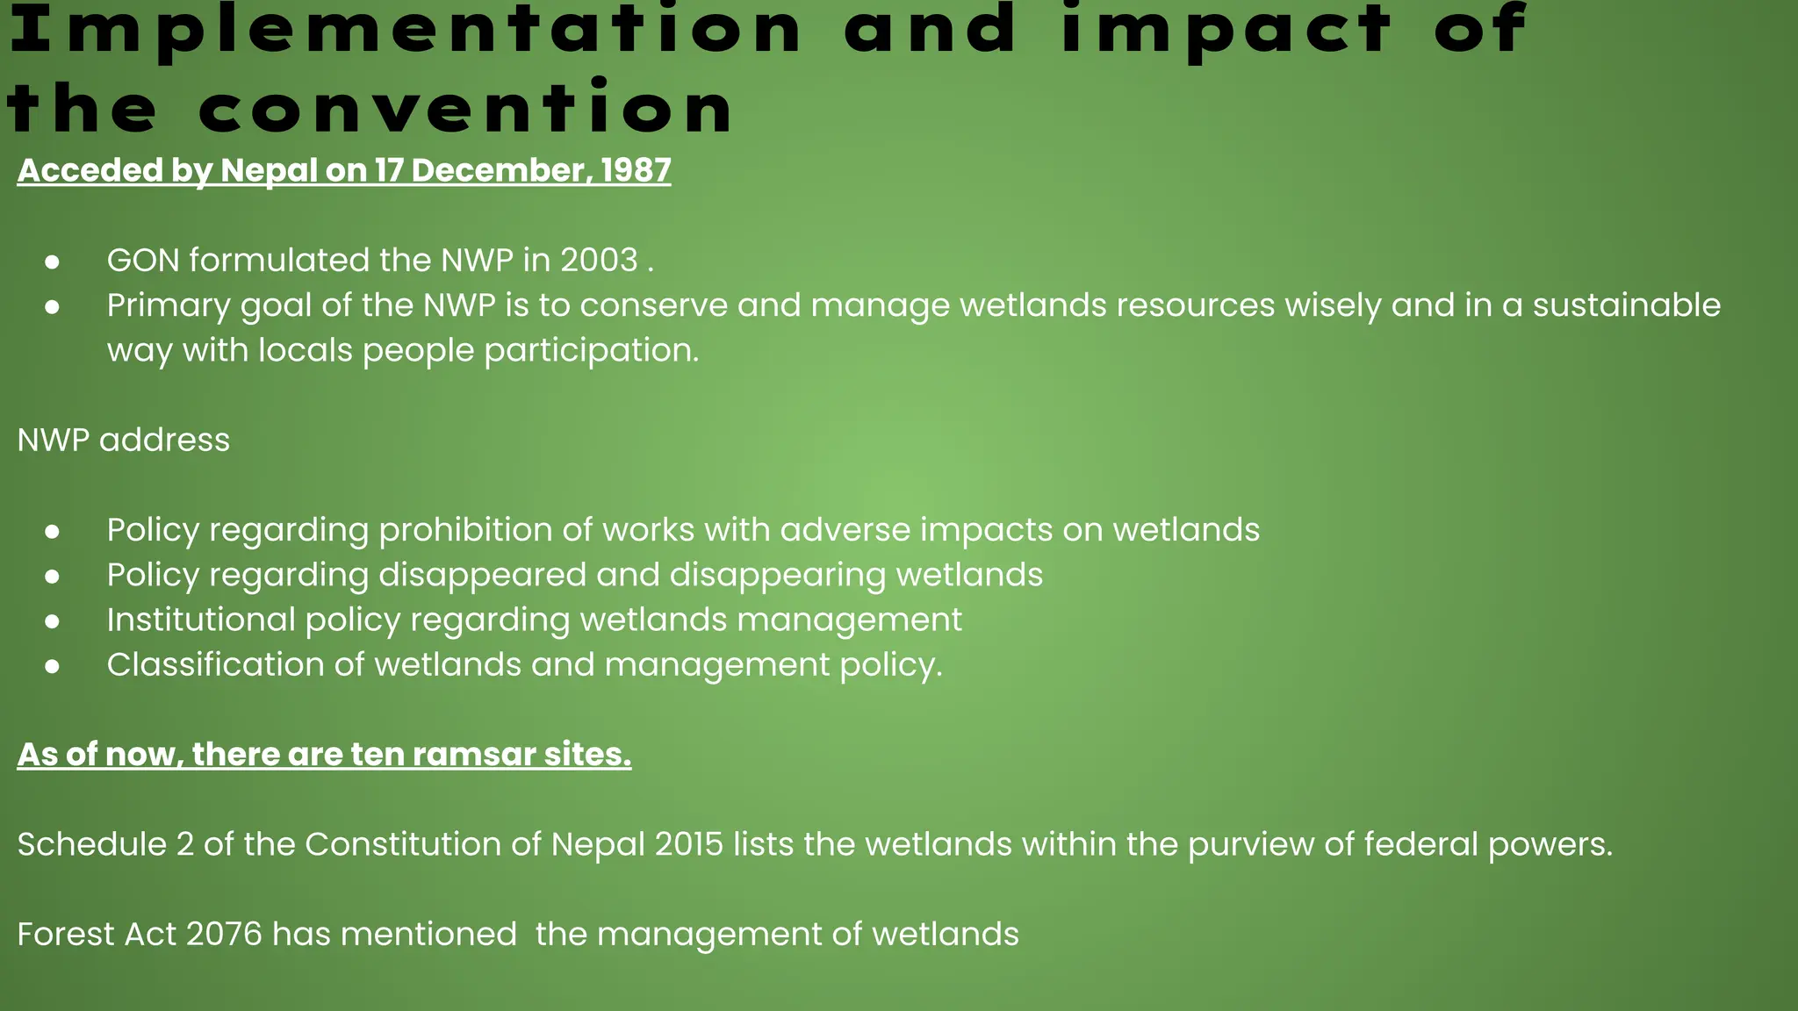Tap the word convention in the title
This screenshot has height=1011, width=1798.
click(466, 109)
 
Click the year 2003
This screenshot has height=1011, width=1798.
click(599, 261)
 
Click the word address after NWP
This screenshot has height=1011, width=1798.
click(164, 441)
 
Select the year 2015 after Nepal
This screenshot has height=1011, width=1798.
click(689, 844)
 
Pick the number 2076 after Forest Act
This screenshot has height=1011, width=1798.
click(224, 935)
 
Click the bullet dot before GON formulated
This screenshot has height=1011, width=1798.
click(53, 262)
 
